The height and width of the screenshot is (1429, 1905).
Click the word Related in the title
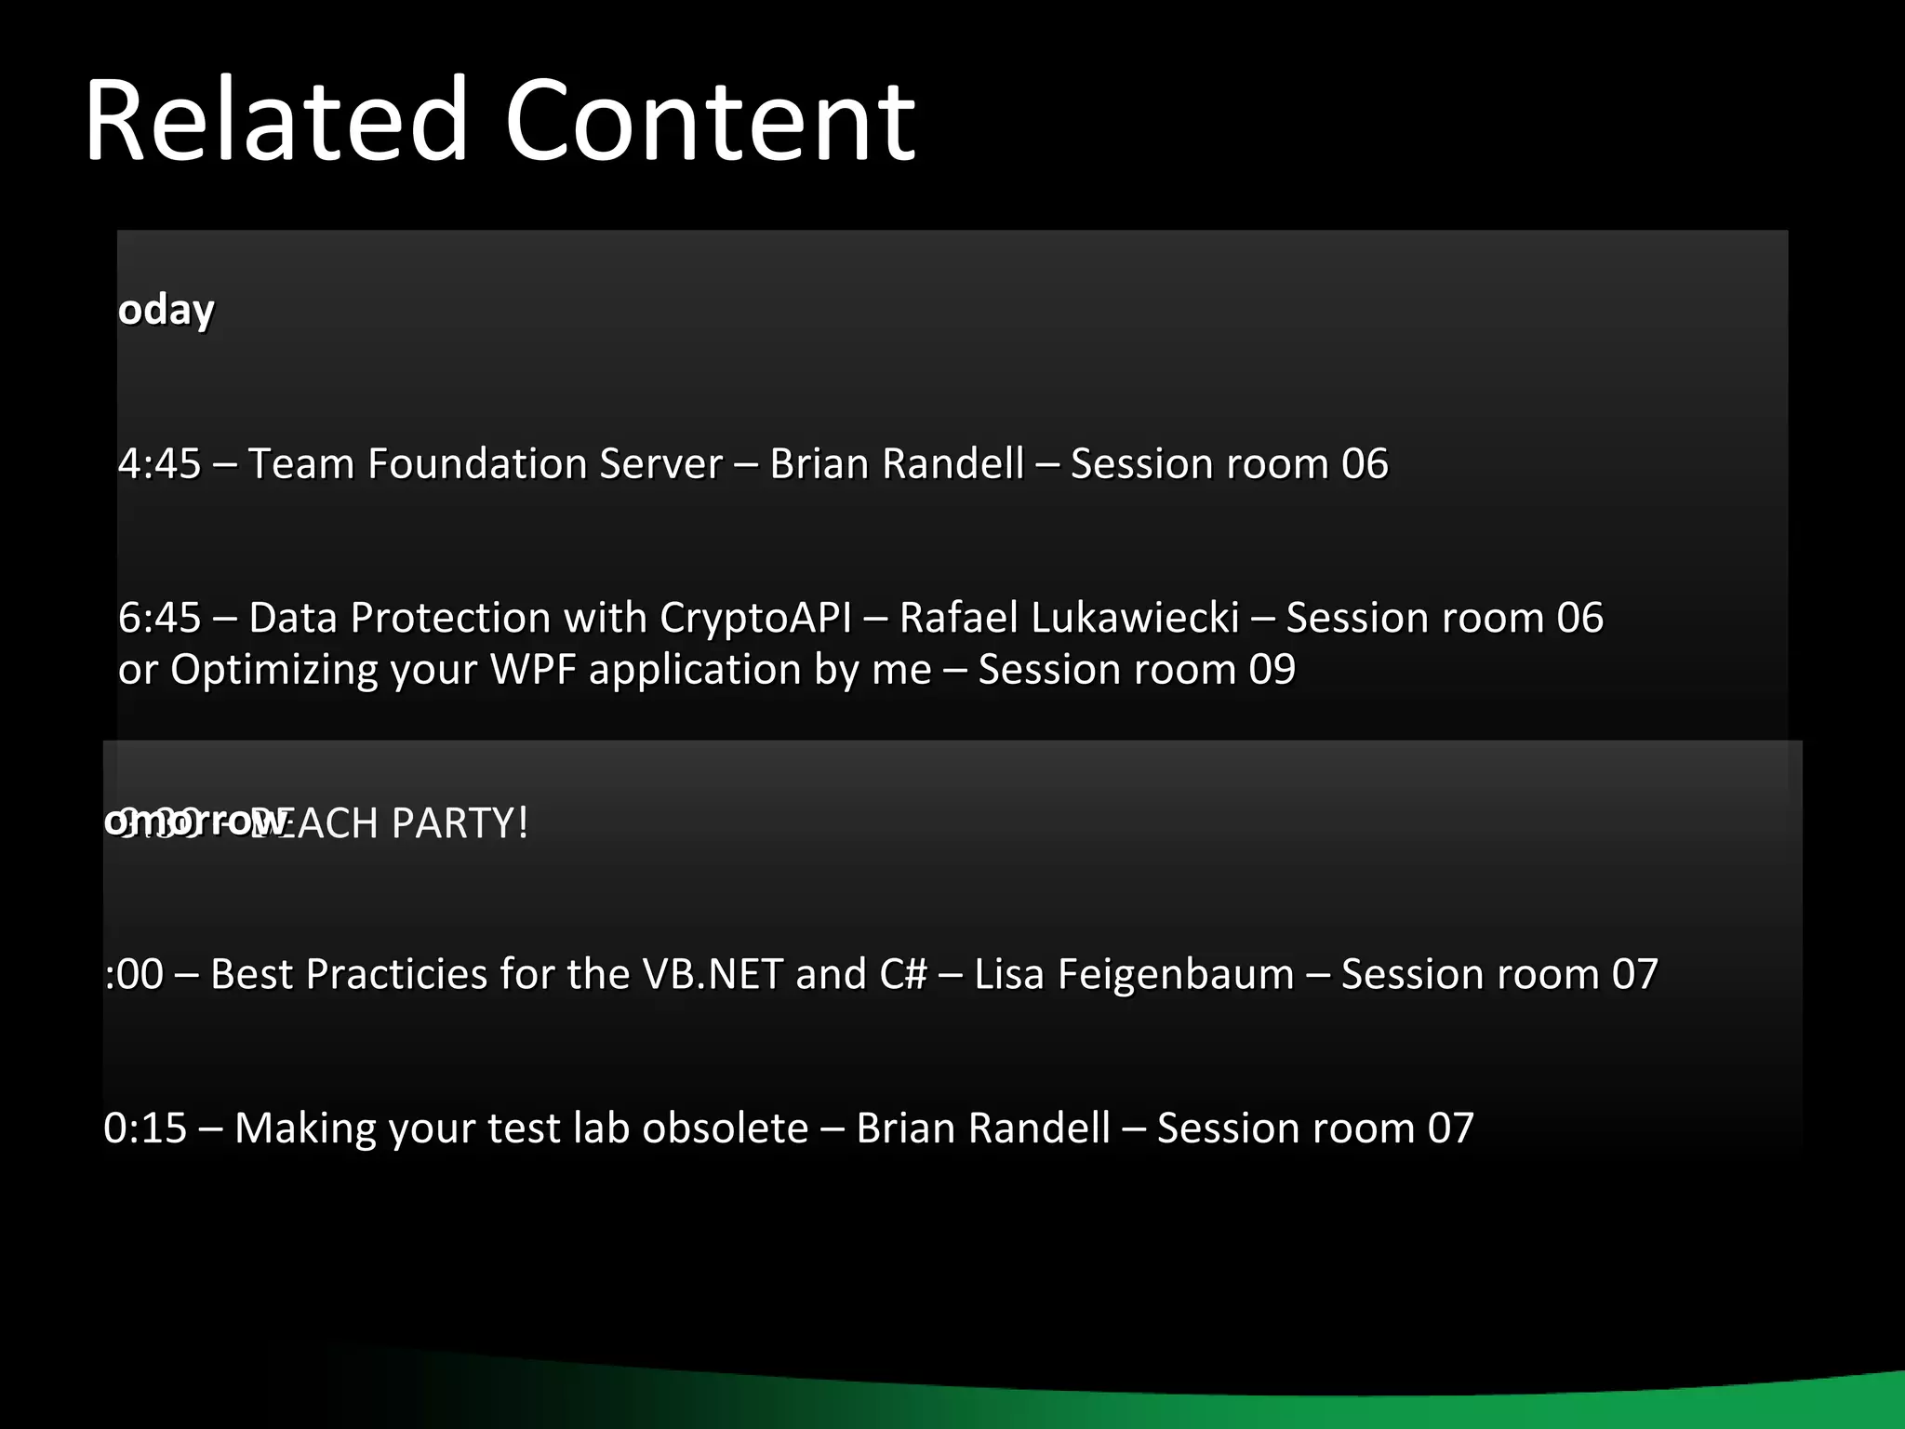[x=275, y=121]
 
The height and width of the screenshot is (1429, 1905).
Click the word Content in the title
[x=710, y=121]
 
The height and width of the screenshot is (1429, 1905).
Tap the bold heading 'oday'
[x=166, y=311]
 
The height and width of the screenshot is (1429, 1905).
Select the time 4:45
[x=159, y=463]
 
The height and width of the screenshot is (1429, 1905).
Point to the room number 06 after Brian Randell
[x=1364, y=463]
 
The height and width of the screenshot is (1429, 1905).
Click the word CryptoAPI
[x=755, y=618]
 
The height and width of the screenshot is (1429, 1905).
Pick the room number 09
[x=1272, y=670]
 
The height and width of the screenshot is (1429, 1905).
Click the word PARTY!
[x=460, y=823]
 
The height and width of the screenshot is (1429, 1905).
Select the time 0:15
[x=144, y=1129]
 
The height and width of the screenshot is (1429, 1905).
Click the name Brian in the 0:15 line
[x=904, y=1129]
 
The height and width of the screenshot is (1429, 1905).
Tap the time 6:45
[x=159, y=618]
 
